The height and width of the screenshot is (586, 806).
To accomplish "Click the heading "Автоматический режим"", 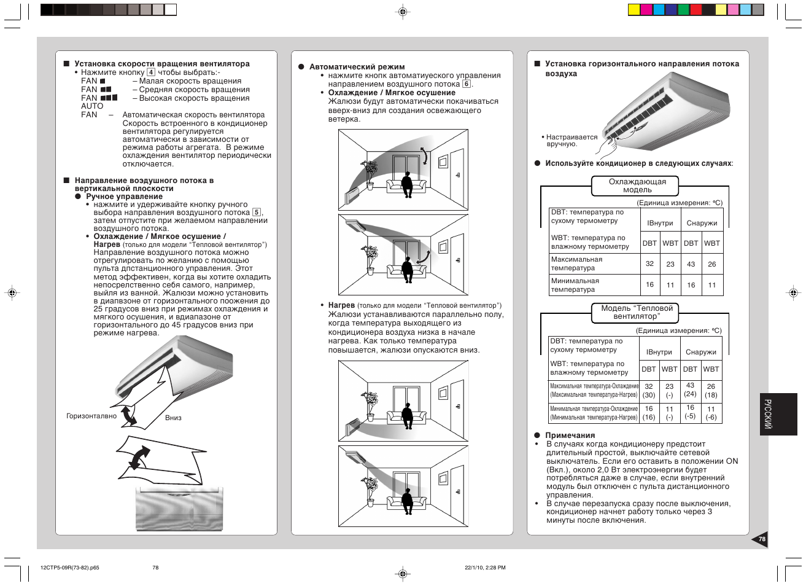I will (x=357, y=67).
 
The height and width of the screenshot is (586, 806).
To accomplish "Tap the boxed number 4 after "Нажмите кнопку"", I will (x=151, y=72).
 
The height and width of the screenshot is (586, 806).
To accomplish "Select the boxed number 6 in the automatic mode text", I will (x=467, y=84).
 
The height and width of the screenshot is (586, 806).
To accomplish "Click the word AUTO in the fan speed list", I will (x=92, y=106).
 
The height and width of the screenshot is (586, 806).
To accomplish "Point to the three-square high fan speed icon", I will (x=109, y=98).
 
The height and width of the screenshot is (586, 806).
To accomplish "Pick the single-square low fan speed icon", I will (x=103, y=81).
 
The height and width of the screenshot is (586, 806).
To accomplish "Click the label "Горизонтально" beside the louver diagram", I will (x=91, y=416).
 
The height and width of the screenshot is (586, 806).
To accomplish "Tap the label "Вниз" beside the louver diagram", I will (x=173, y=418).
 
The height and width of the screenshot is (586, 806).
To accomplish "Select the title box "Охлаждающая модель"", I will (x=637, y=186).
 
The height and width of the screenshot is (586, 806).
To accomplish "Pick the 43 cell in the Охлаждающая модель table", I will (x=691, y=264).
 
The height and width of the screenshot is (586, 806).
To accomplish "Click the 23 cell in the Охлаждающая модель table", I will (x=670, y=264).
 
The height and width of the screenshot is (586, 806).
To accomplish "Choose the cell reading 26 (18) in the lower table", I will (x=711, y=391).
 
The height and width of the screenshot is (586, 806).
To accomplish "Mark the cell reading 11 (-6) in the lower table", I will (x=711, y=413).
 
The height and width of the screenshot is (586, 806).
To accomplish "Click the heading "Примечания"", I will (x=570, y=436).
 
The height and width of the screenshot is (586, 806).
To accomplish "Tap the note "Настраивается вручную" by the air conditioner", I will (x=571, y=141).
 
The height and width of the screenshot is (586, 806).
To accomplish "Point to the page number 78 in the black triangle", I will (x=761, y=539).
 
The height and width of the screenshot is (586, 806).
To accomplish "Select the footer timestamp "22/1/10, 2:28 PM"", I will (x=485, y=568).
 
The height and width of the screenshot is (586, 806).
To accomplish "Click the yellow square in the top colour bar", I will (x=634, y=10).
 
